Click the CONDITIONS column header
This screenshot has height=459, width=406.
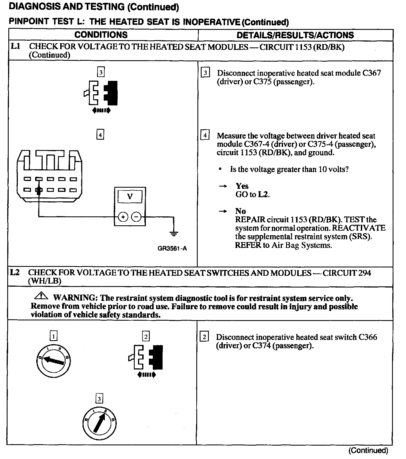[101, 35]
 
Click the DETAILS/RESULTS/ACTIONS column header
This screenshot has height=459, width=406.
[295, 35]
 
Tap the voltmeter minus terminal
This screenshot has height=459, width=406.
[136, 217]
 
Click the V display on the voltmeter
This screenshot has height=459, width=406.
[130, 197]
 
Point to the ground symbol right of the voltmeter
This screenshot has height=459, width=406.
[174, 234]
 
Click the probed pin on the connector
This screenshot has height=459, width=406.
[39, 190]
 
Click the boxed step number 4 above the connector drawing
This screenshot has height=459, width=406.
[100, 135]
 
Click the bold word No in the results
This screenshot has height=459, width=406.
[240, 211]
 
